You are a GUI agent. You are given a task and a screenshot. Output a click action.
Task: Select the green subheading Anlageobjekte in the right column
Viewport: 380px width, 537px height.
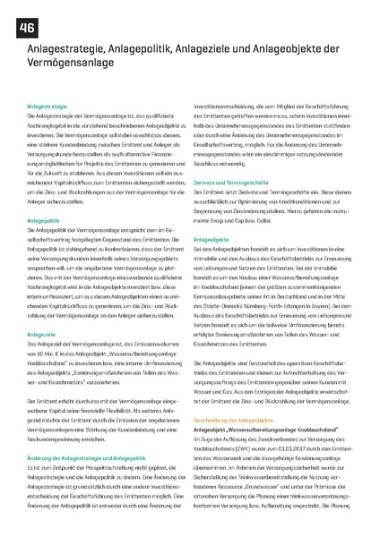212,240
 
